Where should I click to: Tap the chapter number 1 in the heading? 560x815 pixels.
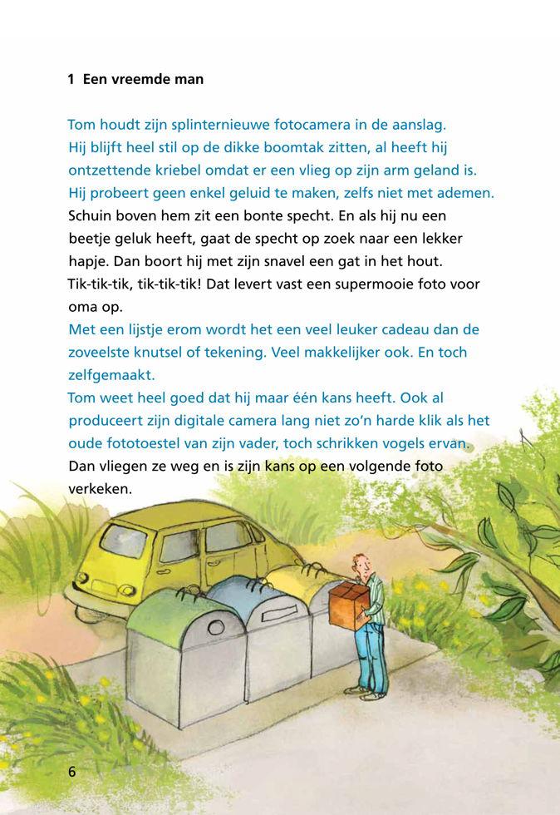71,80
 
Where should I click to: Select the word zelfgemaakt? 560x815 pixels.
111,375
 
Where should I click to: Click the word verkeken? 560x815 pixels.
100,489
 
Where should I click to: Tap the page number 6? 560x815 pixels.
72,772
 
